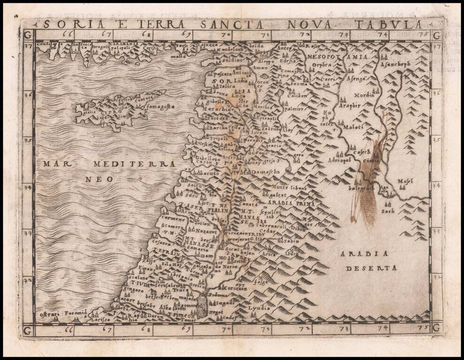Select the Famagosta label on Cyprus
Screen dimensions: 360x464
(x=158, y=107)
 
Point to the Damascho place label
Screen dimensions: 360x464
(x=265, y=172)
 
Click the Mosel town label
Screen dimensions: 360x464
(x=404, y=181)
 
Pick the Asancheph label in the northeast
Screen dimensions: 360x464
(x=396, y=64)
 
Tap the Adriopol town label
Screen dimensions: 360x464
(x=340, y=160)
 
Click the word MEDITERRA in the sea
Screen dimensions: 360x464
(x=134, y=164)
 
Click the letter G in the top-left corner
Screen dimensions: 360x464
(x=28, y=35)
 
